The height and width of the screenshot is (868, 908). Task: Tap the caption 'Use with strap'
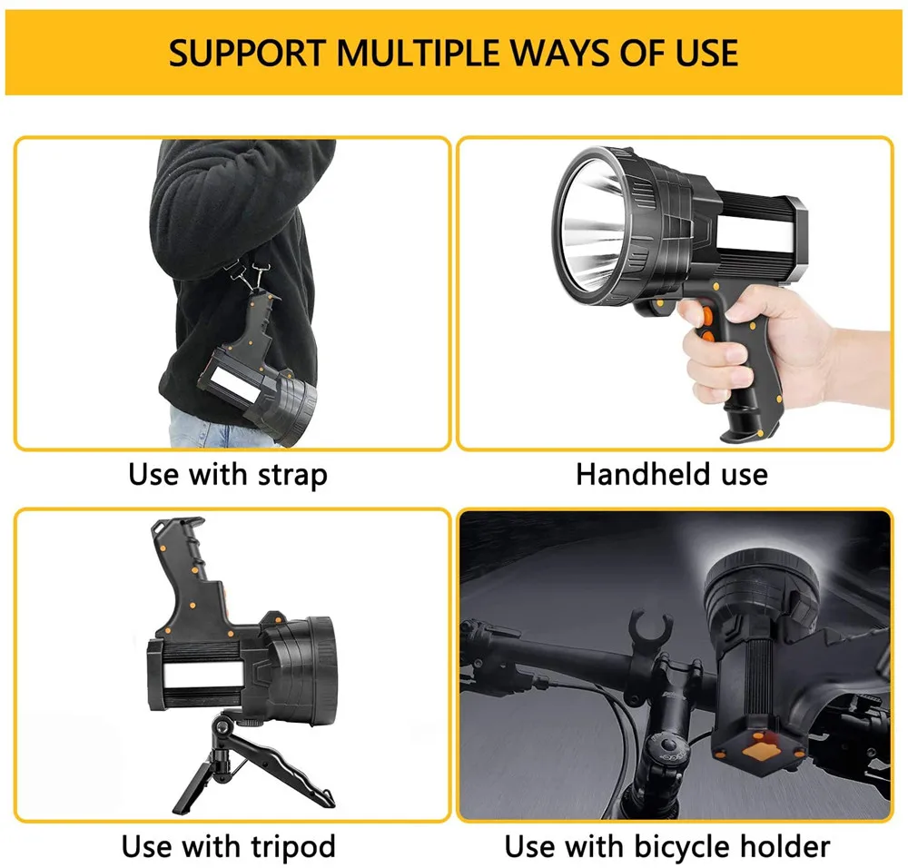(x=227, y=474)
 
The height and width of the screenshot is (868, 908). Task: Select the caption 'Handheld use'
(x=671, y=474)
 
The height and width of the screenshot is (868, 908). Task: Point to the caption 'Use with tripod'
(x=228, y=847)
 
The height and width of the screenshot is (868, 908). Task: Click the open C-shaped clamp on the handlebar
(x=649, y=625)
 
